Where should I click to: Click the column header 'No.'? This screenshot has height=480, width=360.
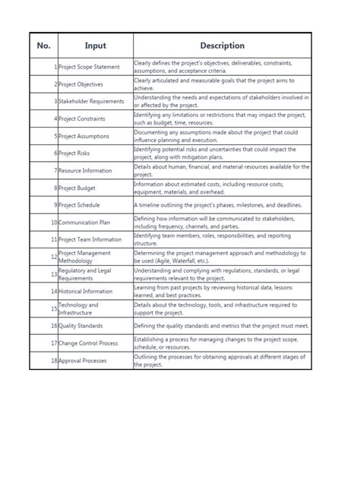click(x=43, y=46)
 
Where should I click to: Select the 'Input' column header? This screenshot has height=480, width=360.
click(x=95, y=46)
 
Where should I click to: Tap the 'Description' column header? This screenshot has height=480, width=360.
click(x=222, y=46)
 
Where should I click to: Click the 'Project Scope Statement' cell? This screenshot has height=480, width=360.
click(x=89, y=67)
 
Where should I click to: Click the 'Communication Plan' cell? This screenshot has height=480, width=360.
click(x=85, y=223)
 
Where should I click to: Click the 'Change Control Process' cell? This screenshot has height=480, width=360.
click(x=88, y=343)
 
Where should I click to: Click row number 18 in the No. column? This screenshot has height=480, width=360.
click(x=53, y=361)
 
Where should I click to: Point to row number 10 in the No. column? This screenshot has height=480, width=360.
click(x=53, y=223)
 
